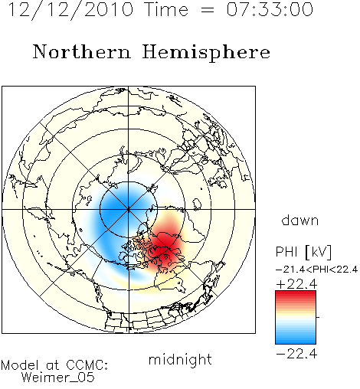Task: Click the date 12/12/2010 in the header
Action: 70,10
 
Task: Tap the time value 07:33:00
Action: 270,9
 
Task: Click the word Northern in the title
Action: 82,52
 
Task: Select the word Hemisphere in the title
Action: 206,53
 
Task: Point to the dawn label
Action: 300,220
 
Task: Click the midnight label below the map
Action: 180,359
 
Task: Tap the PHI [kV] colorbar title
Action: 304,252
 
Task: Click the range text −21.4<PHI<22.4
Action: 317,270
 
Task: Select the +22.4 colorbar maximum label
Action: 296,284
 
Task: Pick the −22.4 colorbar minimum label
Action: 296,354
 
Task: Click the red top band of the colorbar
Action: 296,295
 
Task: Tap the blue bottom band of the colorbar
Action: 296,340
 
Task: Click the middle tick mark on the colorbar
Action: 318,317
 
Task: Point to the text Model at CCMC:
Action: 54,365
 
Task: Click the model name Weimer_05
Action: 58,378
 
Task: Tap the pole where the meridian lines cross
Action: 129,209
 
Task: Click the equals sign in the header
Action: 208,11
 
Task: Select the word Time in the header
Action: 166,9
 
